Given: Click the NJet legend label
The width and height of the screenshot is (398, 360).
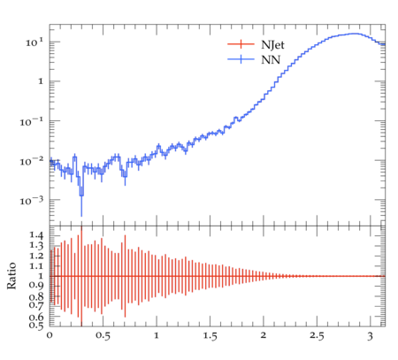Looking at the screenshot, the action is click(272, 45).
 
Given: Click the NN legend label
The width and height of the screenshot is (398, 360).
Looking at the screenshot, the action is click(271, 60).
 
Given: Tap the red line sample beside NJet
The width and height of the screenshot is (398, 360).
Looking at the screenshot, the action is click(241, 44).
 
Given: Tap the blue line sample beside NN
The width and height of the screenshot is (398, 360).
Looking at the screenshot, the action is click(241, 59).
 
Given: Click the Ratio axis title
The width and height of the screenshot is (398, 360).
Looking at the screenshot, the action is click(11, 276).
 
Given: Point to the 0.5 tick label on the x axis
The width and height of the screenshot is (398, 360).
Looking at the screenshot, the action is click(103, 335).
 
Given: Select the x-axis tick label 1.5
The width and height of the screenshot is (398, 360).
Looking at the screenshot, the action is click(210, 335).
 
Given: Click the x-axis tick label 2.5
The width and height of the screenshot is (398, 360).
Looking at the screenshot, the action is click(317, 335).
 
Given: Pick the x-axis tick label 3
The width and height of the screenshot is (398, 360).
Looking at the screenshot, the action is click(371, 336).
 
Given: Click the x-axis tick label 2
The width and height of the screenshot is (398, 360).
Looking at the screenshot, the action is click(264, 335).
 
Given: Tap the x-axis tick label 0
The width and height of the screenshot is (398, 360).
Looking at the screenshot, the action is click(50, 335).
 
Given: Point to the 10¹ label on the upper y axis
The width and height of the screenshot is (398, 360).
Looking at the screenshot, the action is click(34, 42).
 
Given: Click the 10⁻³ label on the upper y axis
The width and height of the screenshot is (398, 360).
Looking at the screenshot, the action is click(32, 201).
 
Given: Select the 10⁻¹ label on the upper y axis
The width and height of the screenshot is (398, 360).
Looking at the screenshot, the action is click(32, 121).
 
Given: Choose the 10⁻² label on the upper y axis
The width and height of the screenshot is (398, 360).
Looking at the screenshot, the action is click(32, 161).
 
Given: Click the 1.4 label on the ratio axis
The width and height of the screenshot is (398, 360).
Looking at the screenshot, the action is click(36, 235).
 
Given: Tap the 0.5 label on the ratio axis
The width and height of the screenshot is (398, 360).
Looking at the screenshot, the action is click(36, 325).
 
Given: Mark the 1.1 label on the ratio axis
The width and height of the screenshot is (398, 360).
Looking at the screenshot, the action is click(36, 266).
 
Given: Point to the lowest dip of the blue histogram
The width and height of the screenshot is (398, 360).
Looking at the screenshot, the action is click(81, 195).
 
